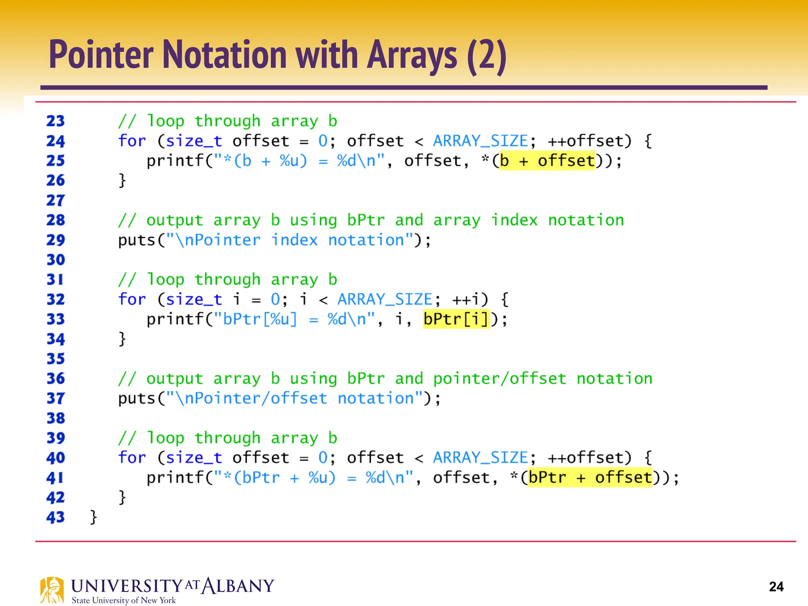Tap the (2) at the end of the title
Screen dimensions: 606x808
coord(486,56)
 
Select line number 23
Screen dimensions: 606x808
coord(55,121)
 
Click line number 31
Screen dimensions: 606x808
coord(55,279)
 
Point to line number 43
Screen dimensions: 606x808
coord(55,517)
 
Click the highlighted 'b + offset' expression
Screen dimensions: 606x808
coord(547,161)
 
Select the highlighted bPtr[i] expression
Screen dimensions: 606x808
coord(456,319)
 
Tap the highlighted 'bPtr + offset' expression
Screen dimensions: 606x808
coord(590,478)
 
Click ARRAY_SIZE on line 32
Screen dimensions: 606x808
coord(385,299)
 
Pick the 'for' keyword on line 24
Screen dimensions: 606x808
coord(132,141)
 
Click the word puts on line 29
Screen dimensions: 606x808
coord(137,240)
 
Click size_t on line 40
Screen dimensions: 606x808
coord(194,458)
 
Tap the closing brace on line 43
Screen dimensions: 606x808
coord(94,516)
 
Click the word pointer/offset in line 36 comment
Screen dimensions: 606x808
coord(499,379)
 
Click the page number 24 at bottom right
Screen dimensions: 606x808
coord(776,587)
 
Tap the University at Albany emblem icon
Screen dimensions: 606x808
coord(52,590)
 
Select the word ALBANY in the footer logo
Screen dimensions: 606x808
coord(238,586)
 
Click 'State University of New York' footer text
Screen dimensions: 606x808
coord(123,600)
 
